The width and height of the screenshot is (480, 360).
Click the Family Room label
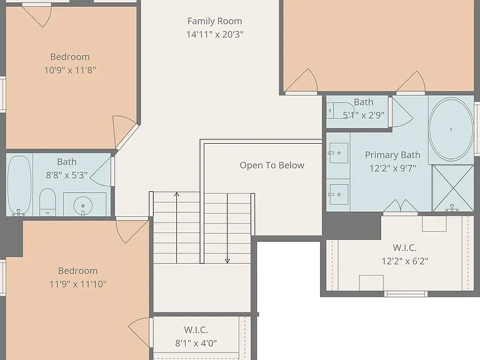(x=214, y=21)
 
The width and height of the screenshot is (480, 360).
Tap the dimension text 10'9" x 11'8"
(x=70, y=70)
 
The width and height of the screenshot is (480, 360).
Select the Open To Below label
(x=272, y=165)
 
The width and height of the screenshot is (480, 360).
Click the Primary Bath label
(x=392, y=155)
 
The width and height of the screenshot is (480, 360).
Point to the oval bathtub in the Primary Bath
(x=451, y=129)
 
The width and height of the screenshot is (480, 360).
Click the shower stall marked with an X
(x=452, y=188)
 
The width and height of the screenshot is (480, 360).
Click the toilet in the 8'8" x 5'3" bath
(x=47, y=202)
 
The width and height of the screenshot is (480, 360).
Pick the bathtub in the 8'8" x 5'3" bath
(x=19, y=186)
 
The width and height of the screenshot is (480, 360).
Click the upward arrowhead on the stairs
(x=177, y=194)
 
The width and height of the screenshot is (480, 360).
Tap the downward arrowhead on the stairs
(x=227, y=261)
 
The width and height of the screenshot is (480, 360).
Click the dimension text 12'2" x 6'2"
(x=405, y=261)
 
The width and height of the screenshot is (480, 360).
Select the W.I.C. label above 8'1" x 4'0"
(x=196, y=330)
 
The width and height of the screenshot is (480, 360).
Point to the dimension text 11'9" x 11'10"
(x=77, y=284)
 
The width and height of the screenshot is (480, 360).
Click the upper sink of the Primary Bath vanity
(x=338, y=152)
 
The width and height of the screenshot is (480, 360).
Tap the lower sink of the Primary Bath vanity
(x=338, y=194)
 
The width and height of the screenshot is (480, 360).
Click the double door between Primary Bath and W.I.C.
(x=401, y=206)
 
